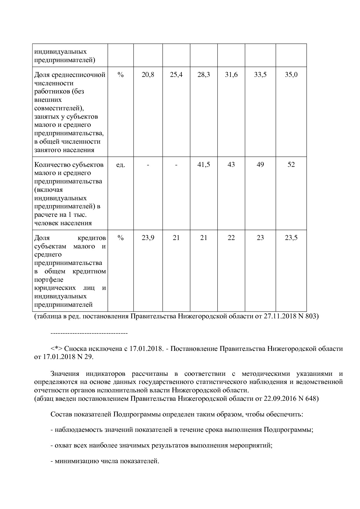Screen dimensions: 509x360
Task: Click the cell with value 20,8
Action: [x=148, y=75]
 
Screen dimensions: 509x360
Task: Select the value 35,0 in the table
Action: [x=291, y=75]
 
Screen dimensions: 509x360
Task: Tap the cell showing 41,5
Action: [x=204, y=165]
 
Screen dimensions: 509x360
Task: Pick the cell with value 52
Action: [x=291, y=165]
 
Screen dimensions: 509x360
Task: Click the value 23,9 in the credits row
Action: [x=148, y=238]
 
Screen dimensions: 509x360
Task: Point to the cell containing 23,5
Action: [x=291, y=238]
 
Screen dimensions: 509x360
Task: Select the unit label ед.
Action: [x=120, y=165]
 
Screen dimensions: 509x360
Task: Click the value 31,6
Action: [x=231, y=75]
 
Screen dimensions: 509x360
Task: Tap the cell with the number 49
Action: [x=260, y=165]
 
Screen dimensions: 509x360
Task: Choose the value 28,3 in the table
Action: [x=204, y=75]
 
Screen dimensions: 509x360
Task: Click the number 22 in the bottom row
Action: [x=231, y=238]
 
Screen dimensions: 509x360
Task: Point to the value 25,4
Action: [x=176, y=75]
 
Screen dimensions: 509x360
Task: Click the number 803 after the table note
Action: [x=310, y=316]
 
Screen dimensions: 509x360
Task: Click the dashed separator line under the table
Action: [x=89, y=333]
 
